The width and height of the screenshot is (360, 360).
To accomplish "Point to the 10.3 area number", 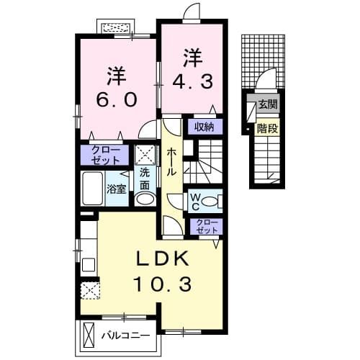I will pos(163,285).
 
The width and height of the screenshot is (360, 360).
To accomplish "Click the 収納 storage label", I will pos(204,127).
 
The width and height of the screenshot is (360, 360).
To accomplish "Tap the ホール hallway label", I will pos(173,163).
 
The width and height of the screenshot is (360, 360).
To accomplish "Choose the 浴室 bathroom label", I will pos(115,190).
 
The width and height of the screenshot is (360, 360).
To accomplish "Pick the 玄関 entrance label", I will pos(268,104).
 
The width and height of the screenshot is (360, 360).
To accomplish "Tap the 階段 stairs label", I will pos(268,129).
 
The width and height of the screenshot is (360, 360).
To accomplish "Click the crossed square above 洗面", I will pos(145,155).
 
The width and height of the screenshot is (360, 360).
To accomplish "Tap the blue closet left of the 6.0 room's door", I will pos(104,155).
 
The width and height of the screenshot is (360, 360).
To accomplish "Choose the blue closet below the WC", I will pos(204,225).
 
